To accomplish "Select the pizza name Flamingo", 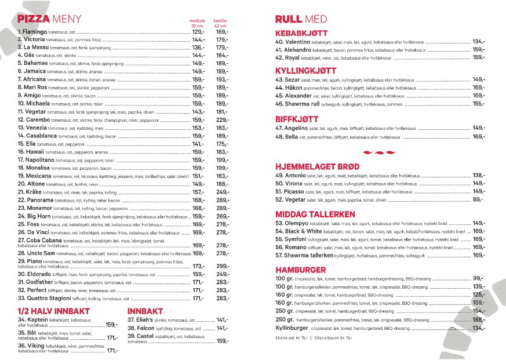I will [x=35, y=32].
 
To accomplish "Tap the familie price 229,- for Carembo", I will [x=223, y=120].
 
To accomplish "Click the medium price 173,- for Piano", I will [x=198, y=266].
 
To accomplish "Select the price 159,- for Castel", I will [x=223, y=341].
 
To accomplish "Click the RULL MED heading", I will [x=307, y=19].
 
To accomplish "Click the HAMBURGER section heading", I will [x=300, y=270].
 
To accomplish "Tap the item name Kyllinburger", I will [x=292, y=328].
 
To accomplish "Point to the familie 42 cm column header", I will [x=220, y=23].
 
